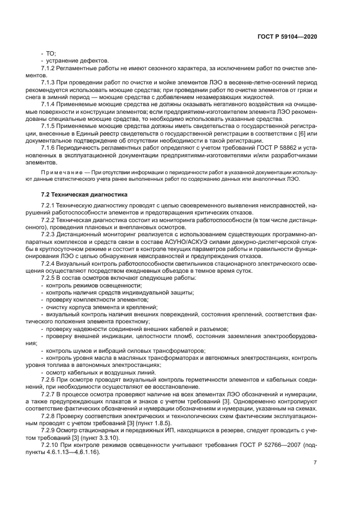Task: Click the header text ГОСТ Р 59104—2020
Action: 288,36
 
